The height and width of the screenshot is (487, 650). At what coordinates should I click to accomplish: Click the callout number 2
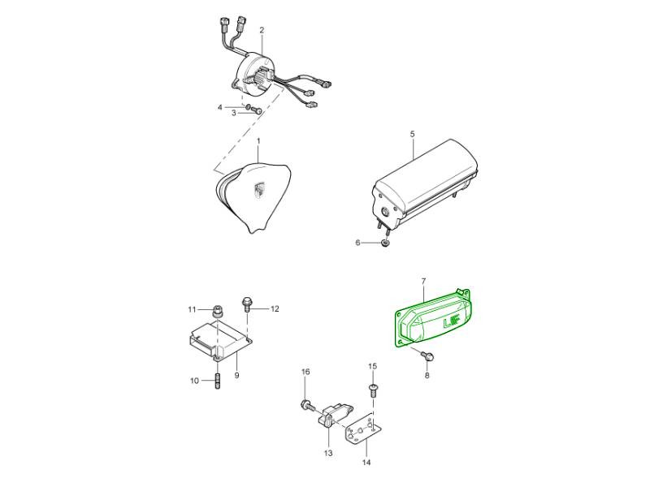[x=262, y=30]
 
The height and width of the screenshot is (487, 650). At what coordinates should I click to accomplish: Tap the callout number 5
[x=412, y=134]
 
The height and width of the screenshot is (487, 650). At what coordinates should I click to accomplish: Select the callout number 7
[x=423, y=282]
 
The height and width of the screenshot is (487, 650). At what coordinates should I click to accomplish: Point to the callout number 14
[x=367, y=463]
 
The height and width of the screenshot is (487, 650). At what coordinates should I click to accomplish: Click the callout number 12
[x=275, y=309]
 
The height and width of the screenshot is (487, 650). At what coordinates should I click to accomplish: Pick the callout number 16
[x=305, y=373]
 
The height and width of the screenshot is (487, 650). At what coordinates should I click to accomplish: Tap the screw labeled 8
[x=427, y=356]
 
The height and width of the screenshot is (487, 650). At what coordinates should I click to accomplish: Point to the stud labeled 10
[x=217, y=381]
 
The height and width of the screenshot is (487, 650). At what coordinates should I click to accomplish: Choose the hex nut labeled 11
[x=218, y=311]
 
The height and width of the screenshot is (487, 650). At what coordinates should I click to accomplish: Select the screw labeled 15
[x=373, y=390]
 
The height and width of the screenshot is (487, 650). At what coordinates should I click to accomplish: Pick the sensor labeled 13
[x=333, y=416]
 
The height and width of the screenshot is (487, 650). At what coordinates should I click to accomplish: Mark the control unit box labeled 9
[x=218, y=340]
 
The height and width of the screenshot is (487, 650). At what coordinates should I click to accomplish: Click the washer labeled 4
[x=248, y=108]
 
